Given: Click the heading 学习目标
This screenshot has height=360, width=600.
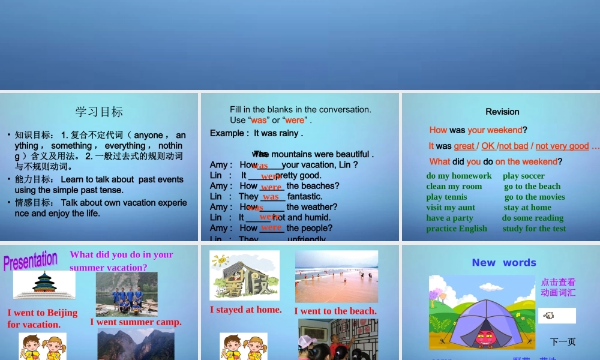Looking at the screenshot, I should click(x=99, y=112).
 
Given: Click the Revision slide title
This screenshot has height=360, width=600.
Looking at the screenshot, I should click(x=502, y=112).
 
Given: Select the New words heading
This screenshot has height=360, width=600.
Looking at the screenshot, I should click(x=503, y=262).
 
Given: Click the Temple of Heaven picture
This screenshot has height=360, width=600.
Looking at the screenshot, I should click(x=44, y=284).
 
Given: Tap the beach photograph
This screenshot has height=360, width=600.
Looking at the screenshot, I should click(x=336, y=276).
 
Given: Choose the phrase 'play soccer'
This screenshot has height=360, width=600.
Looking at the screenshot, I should click(x=524, y=176).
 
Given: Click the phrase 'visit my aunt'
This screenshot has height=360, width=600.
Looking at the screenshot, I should click(x=451, y=208).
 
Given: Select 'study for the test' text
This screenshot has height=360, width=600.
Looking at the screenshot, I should click(x=534, y=229).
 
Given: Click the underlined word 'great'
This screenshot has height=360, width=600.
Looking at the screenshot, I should click(x=464, y=146).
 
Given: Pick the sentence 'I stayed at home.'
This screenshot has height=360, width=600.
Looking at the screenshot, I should click(x=245, y=310).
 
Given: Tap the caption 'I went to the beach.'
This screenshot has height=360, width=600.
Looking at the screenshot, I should click(x=335, y=311).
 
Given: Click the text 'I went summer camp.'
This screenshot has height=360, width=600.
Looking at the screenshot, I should click(x=136, y=322).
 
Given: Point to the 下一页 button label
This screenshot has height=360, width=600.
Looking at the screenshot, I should click(x=562, y=342).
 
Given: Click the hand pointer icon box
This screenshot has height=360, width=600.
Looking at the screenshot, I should click(x=556, y=316).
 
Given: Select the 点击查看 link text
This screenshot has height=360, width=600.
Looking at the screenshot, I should click(x=558, y=282).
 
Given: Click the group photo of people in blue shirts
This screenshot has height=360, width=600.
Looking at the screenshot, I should click(x=127, y=294).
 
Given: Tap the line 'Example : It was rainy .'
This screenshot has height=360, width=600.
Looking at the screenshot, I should click(x=256, y=133).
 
